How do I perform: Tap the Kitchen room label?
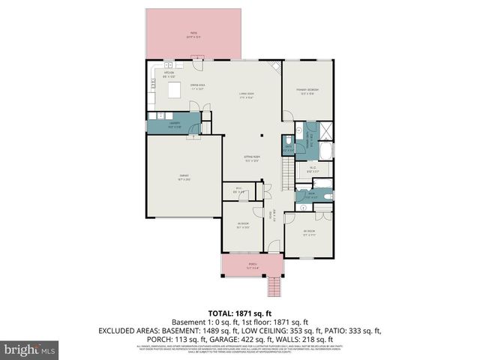[x=160, y=74]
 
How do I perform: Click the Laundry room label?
[x=174, y=124]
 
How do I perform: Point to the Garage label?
[x=183, y=177]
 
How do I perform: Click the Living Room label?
[x=247, y=95]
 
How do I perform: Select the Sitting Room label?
[x=250, y=159]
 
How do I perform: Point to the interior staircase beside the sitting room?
[x=286, y=174]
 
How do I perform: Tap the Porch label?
[x=252, y=265]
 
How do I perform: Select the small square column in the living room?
[x=262, y=136]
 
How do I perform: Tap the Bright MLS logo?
[x=29, y=349]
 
